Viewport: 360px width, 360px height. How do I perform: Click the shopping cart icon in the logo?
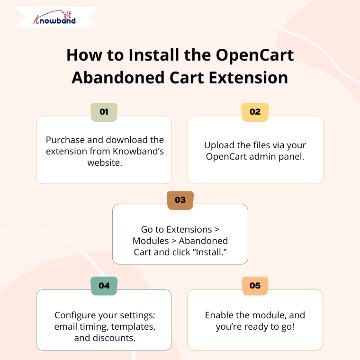(67, 15)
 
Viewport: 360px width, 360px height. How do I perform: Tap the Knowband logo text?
(54, 20)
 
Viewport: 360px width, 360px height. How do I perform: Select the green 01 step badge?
(104, 112)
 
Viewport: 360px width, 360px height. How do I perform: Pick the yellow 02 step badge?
(255, 112)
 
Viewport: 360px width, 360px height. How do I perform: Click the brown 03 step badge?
(180, 200)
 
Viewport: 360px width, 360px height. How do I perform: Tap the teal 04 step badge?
(104, 286)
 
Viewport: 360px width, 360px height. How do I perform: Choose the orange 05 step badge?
(255, 286)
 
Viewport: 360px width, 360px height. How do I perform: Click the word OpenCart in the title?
(255, 55)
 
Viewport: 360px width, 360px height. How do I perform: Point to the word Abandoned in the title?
(118, 77)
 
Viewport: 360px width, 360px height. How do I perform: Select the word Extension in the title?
(248, 77)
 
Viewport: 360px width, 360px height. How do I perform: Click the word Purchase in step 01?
(65, 140)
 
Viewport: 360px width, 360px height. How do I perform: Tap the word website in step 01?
(105, 162)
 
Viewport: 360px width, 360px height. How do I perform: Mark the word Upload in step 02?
(219, 145)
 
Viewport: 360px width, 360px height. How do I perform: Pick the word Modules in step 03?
(151, 241)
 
